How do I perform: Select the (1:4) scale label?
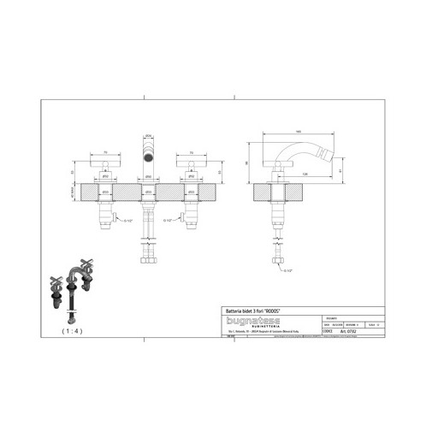[73, 328]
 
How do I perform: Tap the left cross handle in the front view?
[104, 163]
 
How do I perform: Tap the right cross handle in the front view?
[189, 163]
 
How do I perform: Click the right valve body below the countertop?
[189, 210]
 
